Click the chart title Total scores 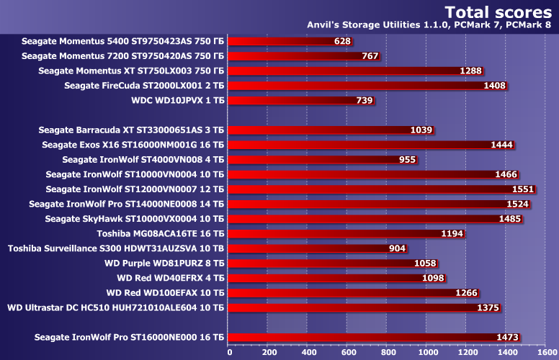(x=499, y=12)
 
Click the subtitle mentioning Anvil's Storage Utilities (x=430, y=27)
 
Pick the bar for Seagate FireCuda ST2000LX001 (x=367, y=86)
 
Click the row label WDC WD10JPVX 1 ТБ (x=178, y=100)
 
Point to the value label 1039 (x=420, y=130)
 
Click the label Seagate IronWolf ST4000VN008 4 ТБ (x=143, y=159)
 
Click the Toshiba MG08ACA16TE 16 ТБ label (x=161, y=233)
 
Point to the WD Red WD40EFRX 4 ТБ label (x=171, y=278)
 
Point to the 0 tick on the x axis (x=229, y=352)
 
